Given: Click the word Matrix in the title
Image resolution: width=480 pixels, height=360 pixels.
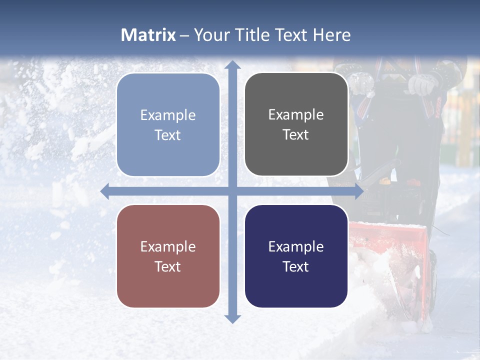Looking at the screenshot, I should tap(148, 35).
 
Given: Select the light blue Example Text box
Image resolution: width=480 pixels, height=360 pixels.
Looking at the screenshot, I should tap(168, 125).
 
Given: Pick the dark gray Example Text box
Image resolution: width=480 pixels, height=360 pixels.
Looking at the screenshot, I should tap(296, 124).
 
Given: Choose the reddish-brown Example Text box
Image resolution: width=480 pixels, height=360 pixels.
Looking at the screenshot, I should tap(168, 256).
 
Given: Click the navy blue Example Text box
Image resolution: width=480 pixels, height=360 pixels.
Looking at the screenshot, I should tap(296, 256).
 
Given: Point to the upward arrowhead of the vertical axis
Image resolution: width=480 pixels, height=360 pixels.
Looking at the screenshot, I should tap(232, 64).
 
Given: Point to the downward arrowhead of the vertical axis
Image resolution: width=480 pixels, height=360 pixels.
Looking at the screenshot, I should tap(232, 318).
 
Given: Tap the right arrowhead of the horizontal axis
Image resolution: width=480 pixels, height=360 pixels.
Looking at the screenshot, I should tap(359, 191).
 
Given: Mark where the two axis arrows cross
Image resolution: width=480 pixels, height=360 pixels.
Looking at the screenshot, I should tap(232, 191).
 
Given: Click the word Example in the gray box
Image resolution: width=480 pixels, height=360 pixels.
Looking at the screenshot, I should tap(296, 114).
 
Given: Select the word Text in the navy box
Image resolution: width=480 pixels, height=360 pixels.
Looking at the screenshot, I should tap(296, 266).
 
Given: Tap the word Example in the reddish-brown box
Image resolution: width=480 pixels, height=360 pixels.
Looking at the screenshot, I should tap(168, 246).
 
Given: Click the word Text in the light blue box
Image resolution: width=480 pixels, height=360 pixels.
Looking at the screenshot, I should tap(168, 135).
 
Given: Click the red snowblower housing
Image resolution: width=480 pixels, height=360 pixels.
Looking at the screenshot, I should tap(395, 250).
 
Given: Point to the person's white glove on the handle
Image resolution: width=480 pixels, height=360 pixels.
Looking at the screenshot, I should tap(421, 84).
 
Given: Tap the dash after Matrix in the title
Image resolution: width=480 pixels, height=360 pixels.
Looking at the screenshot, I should tap(184, 35).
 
